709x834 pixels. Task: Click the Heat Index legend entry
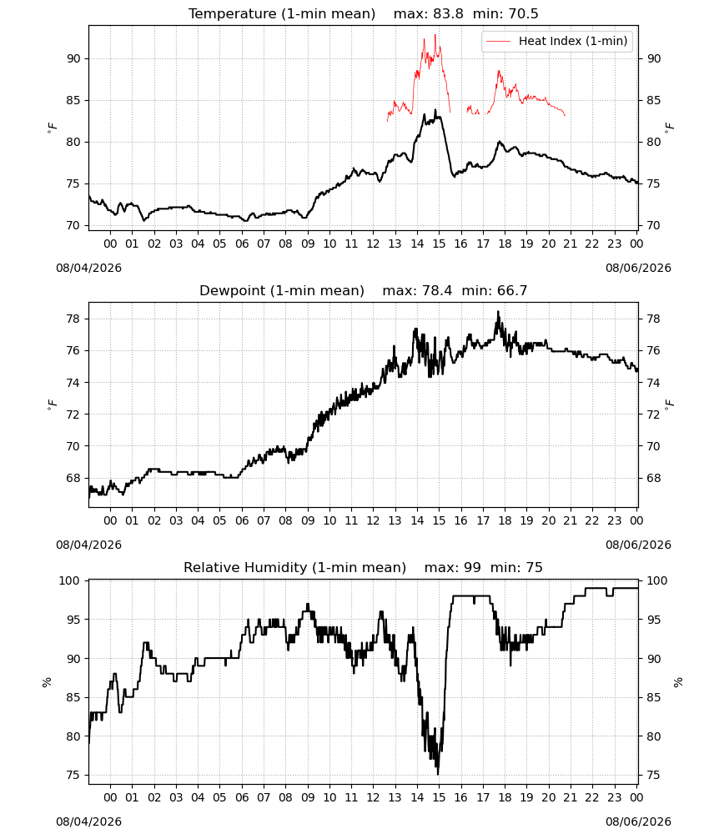(557, 41)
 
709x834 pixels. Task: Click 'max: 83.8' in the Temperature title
(428, 13)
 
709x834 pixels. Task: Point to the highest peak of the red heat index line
(435, 35)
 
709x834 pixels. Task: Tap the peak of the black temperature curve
(435, 110)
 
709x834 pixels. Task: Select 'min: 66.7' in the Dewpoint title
(494, 290)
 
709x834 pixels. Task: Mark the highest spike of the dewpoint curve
(498, 312)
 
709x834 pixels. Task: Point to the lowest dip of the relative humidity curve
(438, 774)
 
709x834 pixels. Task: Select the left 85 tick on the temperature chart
(73, 100)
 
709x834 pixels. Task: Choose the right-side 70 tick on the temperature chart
(654, 225)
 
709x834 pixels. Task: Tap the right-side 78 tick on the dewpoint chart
(654, 319)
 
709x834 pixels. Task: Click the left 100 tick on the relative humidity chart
(70, 580)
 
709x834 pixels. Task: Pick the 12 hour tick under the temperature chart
(374, 244)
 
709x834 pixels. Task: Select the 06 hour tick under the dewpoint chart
(242, 520)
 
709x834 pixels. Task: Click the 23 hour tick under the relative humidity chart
(614, 797)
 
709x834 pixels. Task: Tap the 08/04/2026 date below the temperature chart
(88, 268)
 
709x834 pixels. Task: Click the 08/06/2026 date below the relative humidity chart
(638, 821)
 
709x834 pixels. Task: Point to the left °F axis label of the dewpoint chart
(52, 404)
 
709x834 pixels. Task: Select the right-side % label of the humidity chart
(677, 682)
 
